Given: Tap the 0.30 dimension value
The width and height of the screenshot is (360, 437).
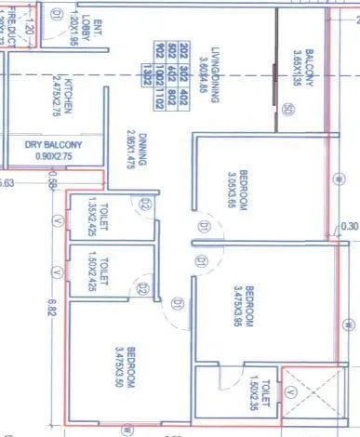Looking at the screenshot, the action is (x=349, y=224).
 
